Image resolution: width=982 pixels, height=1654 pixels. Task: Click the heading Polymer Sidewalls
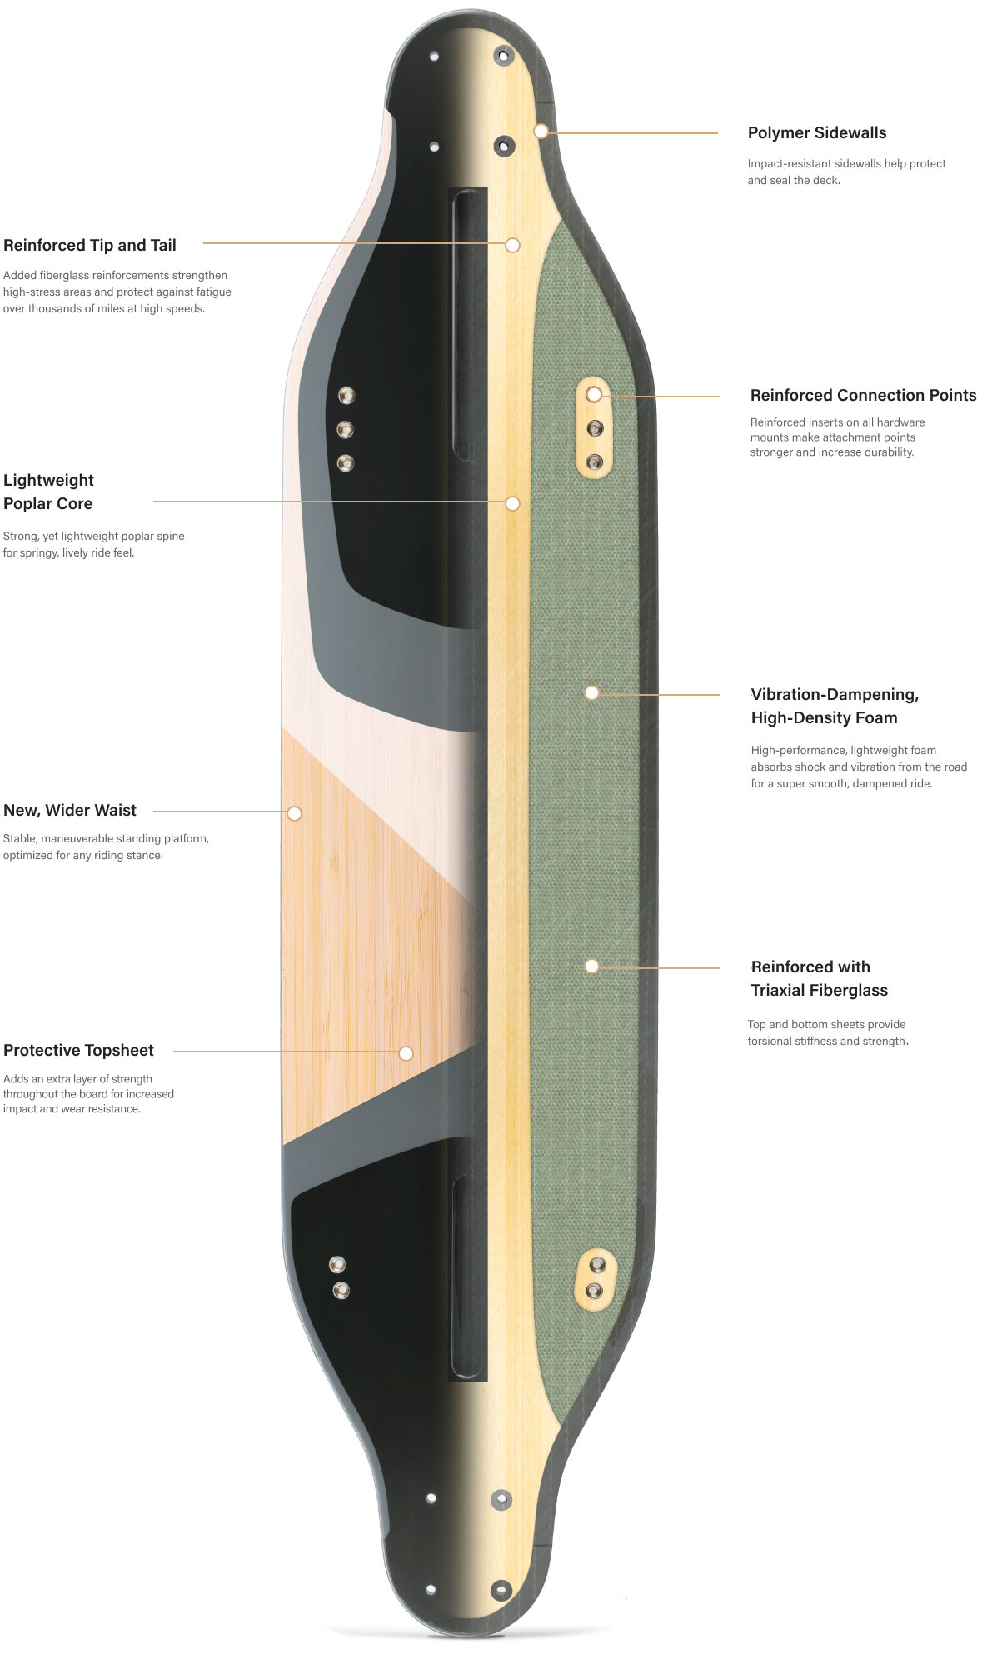[816, 133]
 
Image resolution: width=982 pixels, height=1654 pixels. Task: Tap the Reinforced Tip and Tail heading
[90, 246]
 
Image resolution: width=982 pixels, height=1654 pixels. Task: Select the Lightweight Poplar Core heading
[48, 492]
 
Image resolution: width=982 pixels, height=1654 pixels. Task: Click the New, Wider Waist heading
[70, 811]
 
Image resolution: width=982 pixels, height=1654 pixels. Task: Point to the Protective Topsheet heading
[78, 1051]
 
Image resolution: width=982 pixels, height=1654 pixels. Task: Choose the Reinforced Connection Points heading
[863, 396]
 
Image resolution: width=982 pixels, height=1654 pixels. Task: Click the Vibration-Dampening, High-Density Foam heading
[835, 706]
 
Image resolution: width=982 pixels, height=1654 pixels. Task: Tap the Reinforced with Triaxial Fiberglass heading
[819, 978]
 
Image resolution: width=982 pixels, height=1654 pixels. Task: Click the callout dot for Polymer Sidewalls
[541, 131]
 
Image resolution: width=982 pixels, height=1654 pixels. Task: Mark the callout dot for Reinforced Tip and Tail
[513, 245]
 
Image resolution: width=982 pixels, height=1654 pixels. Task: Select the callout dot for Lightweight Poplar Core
[513, 503]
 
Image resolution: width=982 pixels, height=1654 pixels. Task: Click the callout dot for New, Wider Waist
[294, 813]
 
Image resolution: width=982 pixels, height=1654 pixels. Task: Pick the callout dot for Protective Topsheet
[406, 1053]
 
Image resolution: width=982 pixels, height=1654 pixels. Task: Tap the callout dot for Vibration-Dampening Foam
[591, 692]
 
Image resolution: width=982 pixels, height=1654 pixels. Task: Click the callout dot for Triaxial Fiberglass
[591, 966]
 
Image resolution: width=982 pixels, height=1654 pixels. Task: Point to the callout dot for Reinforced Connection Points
[593, 394]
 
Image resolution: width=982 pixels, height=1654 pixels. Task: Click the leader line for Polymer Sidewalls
[633, 132]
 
